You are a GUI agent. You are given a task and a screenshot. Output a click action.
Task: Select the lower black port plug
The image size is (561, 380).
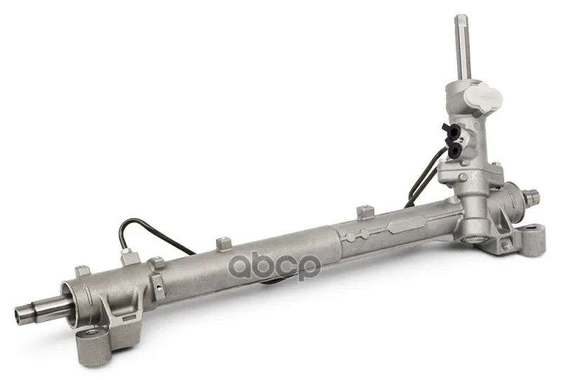[453, 150]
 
